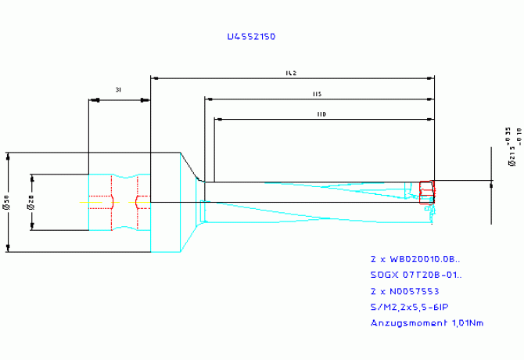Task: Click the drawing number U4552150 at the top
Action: (250, 37)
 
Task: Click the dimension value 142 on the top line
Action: (290, 74)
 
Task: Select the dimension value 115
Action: (317, 95)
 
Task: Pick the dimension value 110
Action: (321, 114)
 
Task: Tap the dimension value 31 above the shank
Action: (118, 91)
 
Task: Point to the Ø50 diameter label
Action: (5, 203)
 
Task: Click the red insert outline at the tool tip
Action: (426, 192)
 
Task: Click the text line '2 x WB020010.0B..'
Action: (415, 258)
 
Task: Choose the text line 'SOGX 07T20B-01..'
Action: (415, 275)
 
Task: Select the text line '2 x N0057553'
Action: (404, 290)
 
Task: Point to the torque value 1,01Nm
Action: (467, 322)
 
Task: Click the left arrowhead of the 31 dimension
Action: (93, 100)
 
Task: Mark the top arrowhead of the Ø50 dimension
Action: (9, 156)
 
